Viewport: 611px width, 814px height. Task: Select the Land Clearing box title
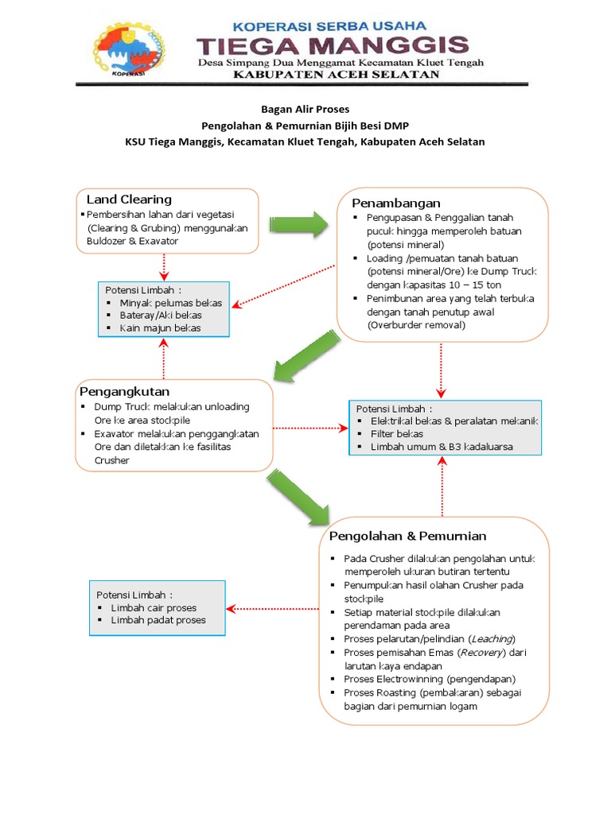pos(129,199)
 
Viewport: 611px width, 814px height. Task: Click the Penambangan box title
pos(396,203)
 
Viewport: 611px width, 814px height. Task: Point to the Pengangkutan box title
pos(124,392)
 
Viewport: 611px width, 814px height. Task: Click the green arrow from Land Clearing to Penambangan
pos(298,224)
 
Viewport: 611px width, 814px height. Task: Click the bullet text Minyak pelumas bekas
pos(170,303)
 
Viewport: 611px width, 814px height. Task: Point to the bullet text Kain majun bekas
pos(160,328)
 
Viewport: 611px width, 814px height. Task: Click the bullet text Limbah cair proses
pos(154,608)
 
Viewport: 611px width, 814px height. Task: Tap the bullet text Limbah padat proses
pos(158,620)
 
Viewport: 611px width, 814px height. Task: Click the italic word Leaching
pos(491,639)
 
